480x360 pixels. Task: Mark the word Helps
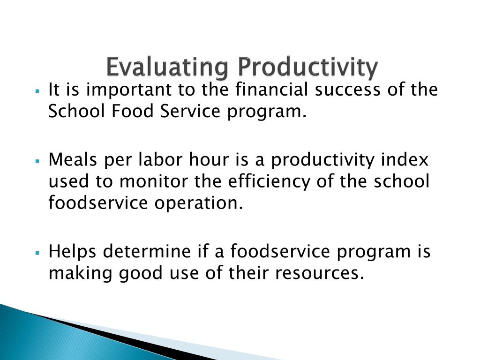tap(73, 252)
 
